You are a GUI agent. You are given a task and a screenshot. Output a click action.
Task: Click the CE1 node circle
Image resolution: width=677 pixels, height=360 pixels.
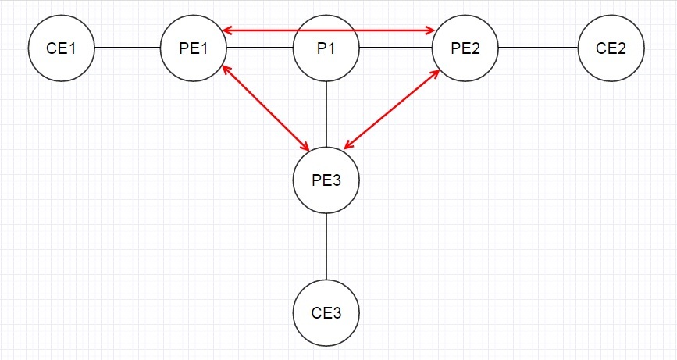(x=61, y=48)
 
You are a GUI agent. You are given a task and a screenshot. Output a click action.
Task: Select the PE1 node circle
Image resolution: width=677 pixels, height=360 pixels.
(x=194, y=48)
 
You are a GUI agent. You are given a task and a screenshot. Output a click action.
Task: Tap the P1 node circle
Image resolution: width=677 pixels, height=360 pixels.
(x=326, y=48)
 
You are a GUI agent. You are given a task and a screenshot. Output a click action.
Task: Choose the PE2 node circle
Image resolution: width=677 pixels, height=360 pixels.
(x=466, y=48)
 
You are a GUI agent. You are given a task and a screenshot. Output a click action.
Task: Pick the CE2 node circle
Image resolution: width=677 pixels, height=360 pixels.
(x=611, y=48)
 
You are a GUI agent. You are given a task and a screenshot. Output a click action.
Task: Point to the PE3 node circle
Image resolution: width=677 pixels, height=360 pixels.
(x=326, y=180)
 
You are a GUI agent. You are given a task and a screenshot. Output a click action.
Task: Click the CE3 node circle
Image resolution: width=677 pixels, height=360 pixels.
(x=326, y=314)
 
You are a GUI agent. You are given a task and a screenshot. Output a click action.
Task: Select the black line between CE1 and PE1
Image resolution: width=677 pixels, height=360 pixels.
(x=127, y=48)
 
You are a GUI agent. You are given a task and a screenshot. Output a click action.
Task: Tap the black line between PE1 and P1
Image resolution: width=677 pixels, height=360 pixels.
(x=260, y=48)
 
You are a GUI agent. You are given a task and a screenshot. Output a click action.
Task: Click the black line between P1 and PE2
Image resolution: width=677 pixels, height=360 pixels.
(x=396, y=48)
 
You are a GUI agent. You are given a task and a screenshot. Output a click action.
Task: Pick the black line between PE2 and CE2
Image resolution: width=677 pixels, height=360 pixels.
(x=539, y=48)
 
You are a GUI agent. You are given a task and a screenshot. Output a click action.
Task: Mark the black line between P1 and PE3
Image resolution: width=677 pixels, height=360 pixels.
(x=326, y=114)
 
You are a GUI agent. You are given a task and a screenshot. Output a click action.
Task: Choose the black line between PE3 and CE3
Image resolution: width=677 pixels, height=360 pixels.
(x=326, y=247)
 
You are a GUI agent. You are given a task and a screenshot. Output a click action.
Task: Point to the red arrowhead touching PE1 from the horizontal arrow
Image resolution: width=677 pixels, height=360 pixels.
(x=226, y=31)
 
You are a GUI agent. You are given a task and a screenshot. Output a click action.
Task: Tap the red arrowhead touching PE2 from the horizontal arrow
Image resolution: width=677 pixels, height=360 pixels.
(x=430, y=31)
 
